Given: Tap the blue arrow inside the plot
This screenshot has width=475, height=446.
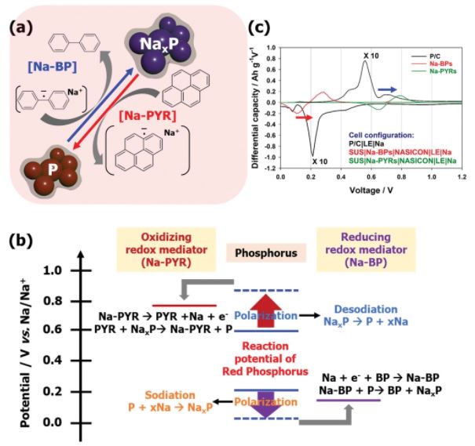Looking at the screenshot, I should pos(387,89).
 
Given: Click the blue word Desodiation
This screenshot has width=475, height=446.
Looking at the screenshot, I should pos(369,309).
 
